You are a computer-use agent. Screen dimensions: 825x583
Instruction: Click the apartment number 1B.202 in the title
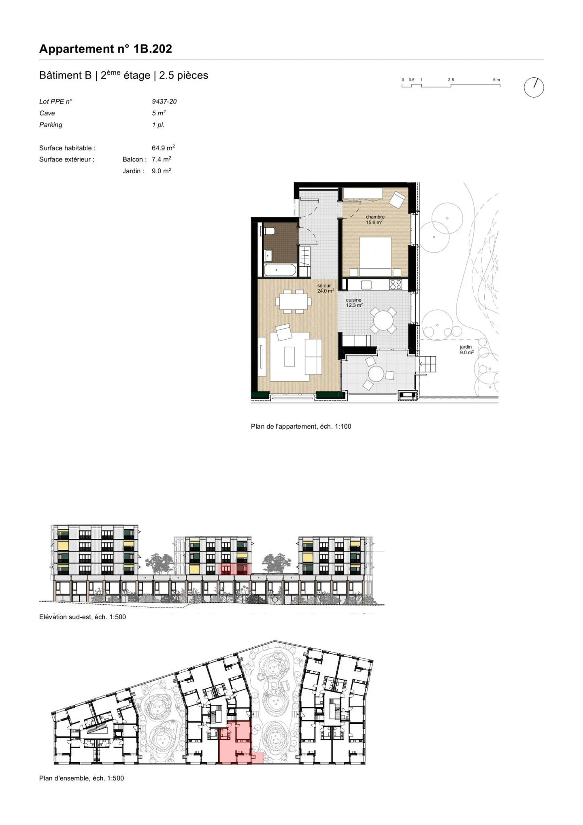click(153, 49)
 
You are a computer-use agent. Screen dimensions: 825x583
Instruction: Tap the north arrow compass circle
click(534, 87)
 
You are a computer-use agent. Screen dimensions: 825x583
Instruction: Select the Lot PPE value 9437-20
click(164, 102)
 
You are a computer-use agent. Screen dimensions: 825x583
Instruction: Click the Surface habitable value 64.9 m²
click(163, 148)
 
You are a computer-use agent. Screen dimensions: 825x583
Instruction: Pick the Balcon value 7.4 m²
click(161, 159)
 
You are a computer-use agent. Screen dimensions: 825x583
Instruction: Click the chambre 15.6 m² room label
click(375, 220)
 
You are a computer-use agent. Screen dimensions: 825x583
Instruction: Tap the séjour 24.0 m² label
click(325, 288)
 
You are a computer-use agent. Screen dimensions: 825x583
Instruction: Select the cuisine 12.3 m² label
click(354, 302)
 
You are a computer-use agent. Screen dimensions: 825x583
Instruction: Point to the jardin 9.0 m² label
click(466, 350)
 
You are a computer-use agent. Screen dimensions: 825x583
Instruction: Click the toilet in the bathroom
click(269, 231)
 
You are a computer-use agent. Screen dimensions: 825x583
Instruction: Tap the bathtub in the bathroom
click(280, 270)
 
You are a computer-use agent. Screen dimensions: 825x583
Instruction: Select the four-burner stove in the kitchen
click(396, 285)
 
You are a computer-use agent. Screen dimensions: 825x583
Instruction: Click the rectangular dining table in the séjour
click(293, 302)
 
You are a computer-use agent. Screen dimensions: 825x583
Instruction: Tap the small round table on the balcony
click(376, 374)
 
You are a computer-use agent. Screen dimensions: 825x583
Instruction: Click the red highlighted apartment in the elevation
click(234, 568)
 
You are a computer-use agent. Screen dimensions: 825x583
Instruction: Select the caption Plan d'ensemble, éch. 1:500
click(81, 778)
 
